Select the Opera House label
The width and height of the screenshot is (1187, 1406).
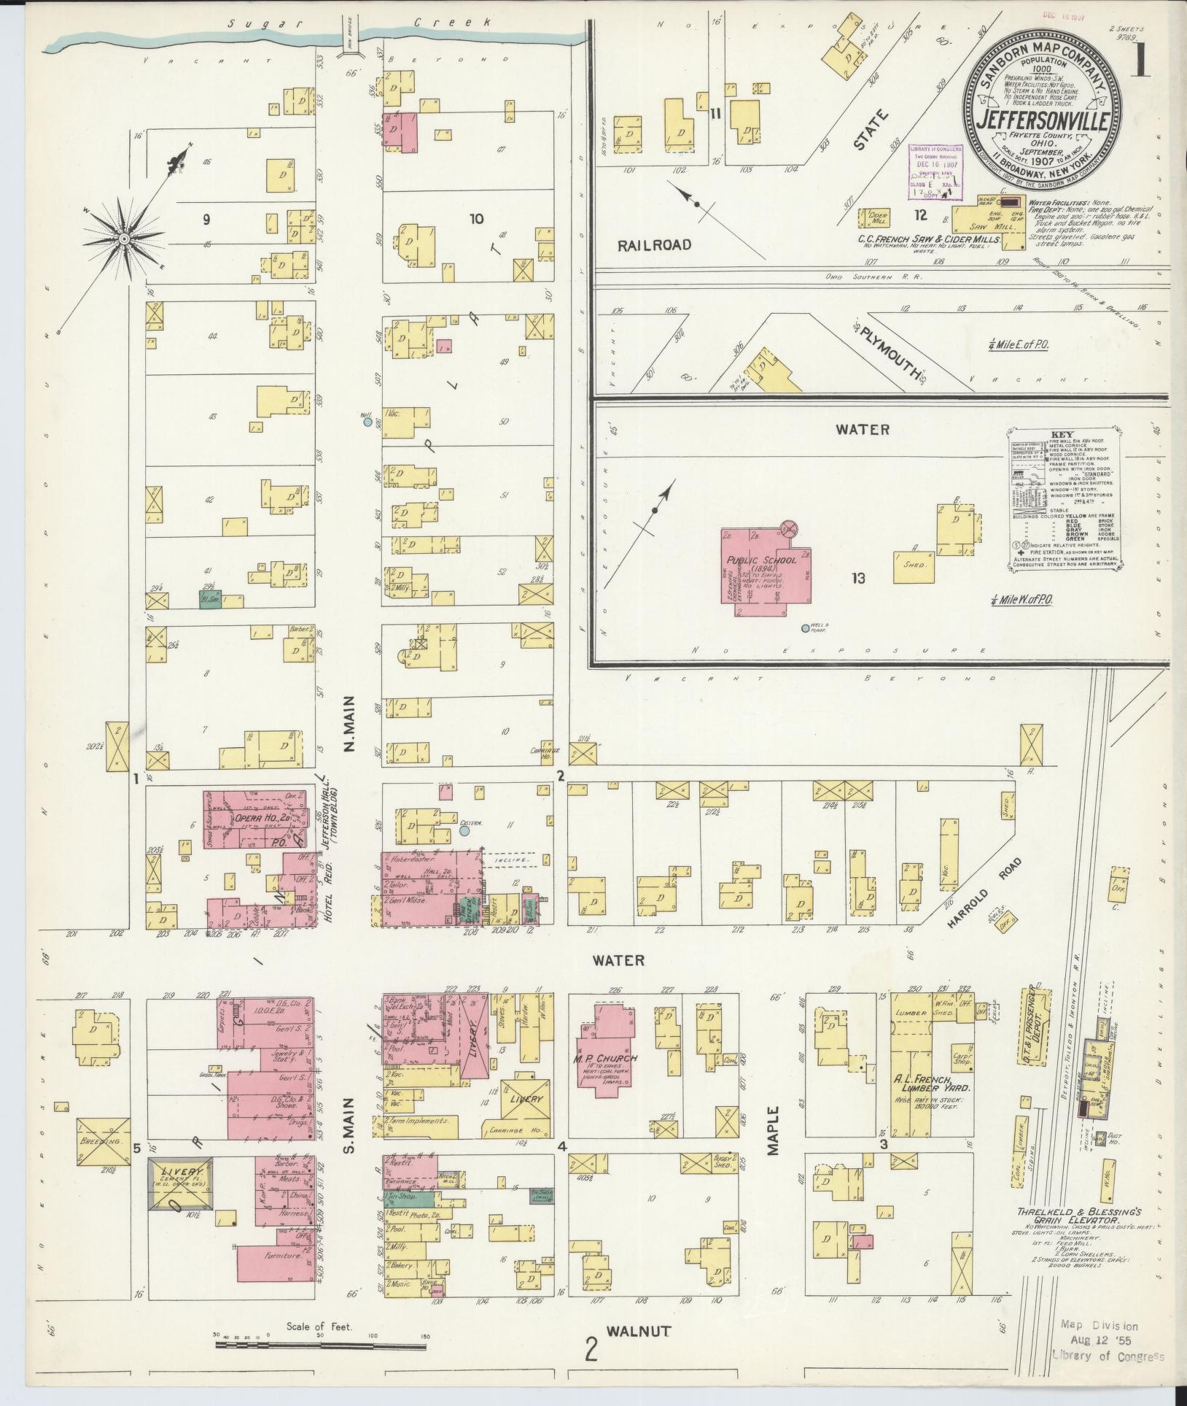pyautogui.click(x=252, y=818)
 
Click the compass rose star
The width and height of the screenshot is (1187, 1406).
pyautogui.click(x=124, y=238)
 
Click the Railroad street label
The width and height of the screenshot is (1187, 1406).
pyautogui.click(x=653, y=245)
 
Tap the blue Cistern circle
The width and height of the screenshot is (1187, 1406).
pyautogui.click(x=464, y=830)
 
